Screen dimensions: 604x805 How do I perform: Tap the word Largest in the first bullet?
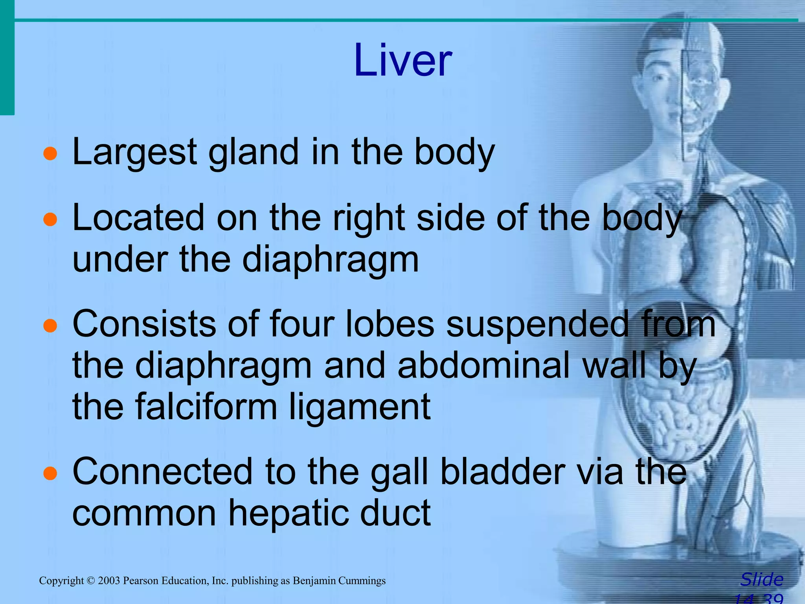[x=135, y=153]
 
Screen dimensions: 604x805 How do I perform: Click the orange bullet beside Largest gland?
[x=50, y=154]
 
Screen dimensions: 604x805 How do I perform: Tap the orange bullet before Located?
[x=50, y=220]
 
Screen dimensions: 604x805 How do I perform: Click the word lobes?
[x=390, y=324]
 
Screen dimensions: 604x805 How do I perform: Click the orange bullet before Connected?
[x=50, y=473]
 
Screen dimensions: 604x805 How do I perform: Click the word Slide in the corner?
[x=761, y=580]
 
